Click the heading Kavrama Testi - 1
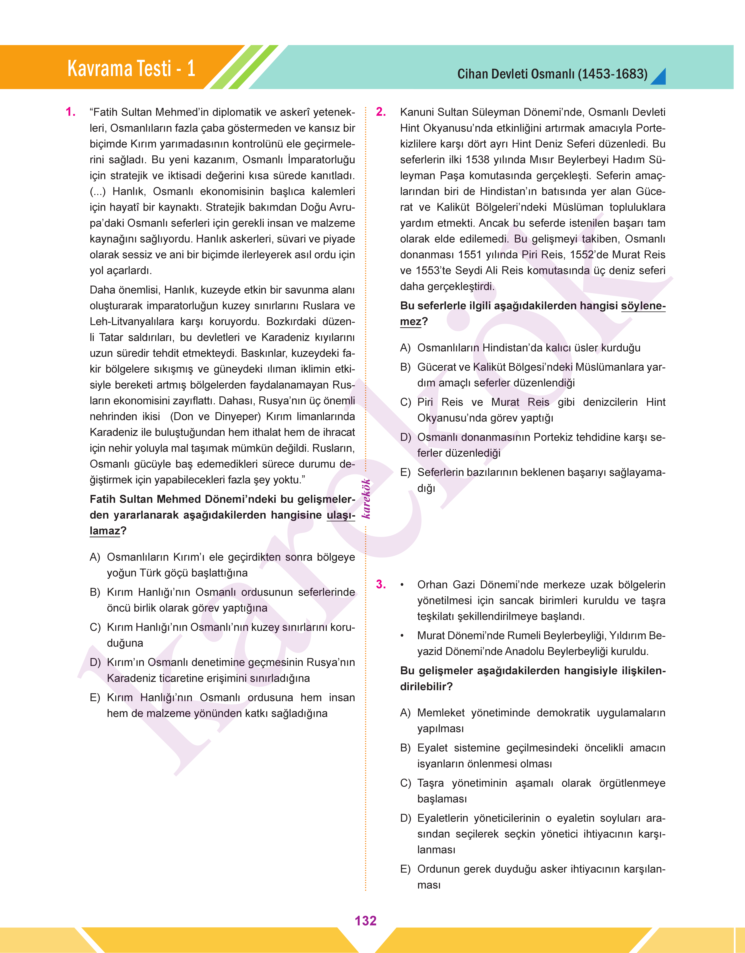point(131,69)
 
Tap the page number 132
point(365,921)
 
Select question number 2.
point(381,112)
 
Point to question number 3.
point(381,585)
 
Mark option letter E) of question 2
point(405,472)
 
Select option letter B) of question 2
point(405,367)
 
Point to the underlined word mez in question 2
point(410,322)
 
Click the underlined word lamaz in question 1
point(105,531)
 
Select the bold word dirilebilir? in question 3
point(426,687)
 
